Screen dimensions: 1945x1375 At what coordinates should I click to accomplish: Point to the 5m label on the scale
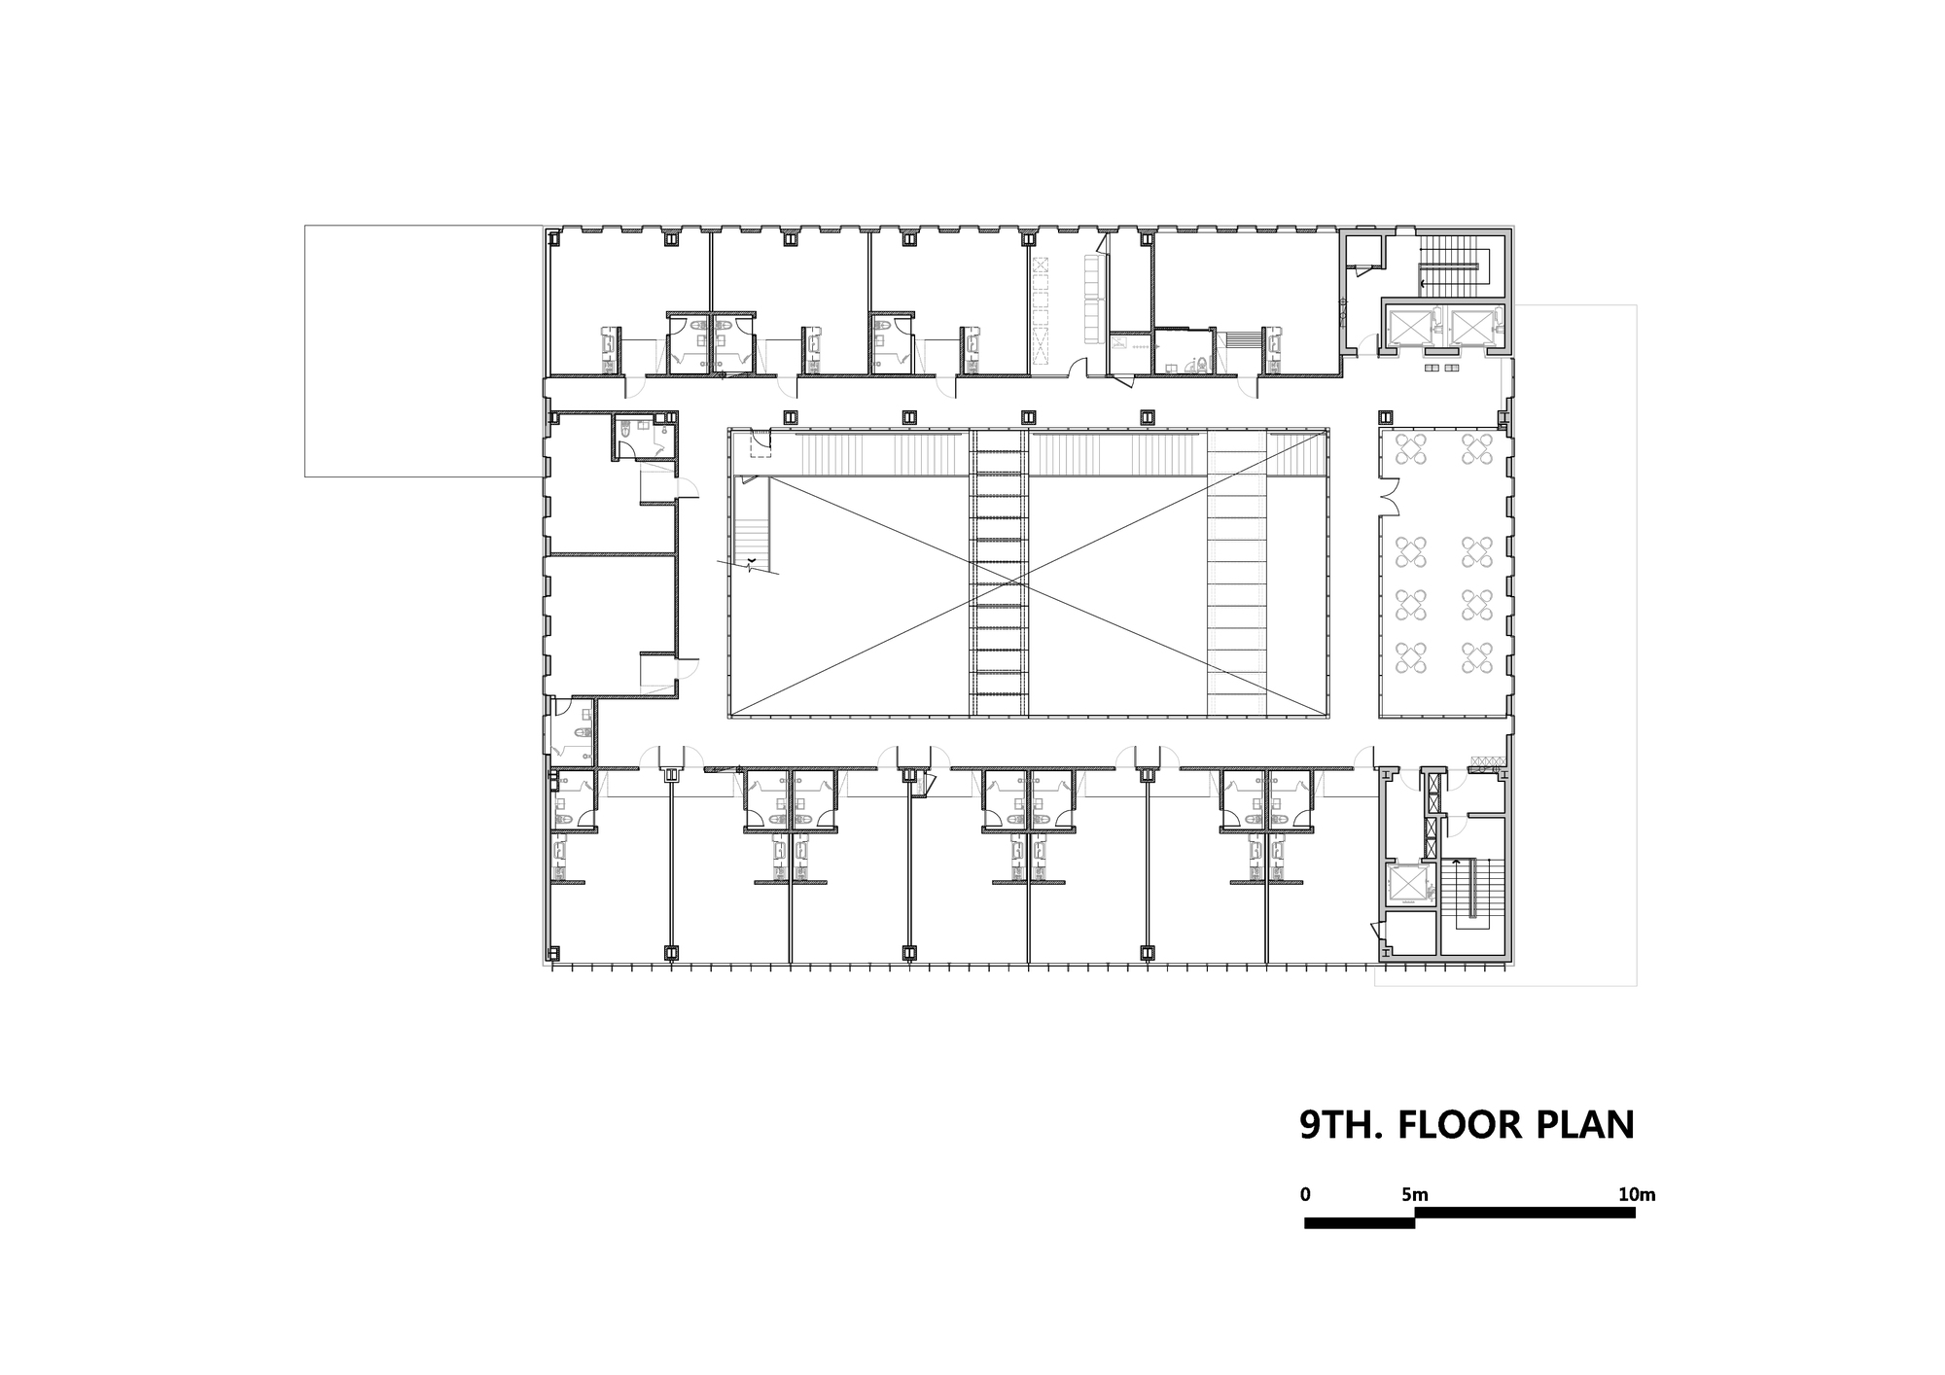point(1415,1194)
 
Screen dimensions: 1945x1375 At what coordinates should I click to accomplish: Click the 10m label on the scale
point(1636,1194)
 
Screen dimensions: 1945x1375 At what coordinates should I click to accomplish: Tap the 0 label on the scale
point(1305,1194)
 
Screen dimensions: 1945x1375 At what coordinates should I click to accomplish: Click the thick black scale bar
point(1469,1217)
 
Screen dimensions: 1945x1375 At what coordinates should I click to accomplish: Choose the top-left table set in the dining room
point(1411,449)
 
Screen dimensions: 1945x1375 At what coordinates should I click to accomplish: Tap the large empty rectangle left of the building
point(423,351)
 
